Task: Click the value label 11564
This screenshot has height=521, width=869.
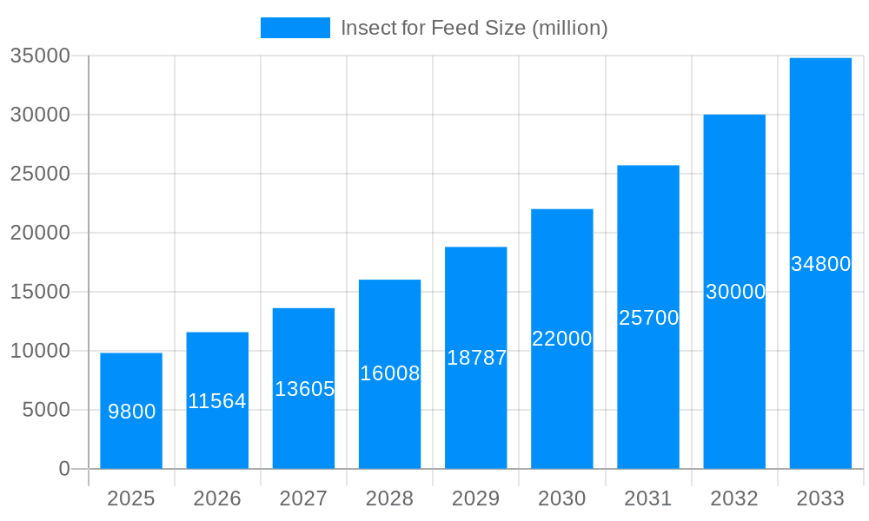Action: coord(217,401)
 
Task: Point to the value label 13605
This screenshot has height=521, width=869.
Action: coord(304,389)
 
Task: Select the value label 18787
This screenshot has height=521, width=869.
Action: coord(476,358)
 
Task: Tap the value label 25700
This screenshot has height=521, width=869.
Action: coord(648,318)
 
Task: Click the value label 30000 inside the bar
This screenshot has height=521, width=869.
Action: coord(735,292)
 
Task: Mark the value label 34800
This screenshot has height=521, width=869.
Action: coord(820,264)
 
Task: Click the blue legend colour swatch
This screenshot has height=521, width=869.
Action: coord(295,28)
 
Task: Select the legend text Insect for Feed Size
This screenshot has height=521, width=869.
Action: coord(474,28)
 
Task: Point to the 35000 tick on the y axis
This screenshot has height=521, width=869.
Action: coord(39,56)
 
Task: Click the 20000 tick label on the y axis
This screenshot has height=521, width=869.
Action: coord(39,233)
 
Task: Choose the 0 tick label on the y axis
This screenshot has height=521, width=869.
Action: coord(64,469)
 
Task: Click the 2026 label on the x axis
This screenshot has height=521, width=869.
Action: coord(217,498)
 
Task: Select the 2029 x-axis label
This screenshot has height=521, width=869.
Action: coord(476,498)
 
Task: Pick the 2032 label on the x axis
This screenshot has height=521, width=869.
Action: coord(734,498)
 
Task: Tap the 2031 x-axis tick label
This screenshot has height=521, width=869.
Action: coord(648,498)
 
